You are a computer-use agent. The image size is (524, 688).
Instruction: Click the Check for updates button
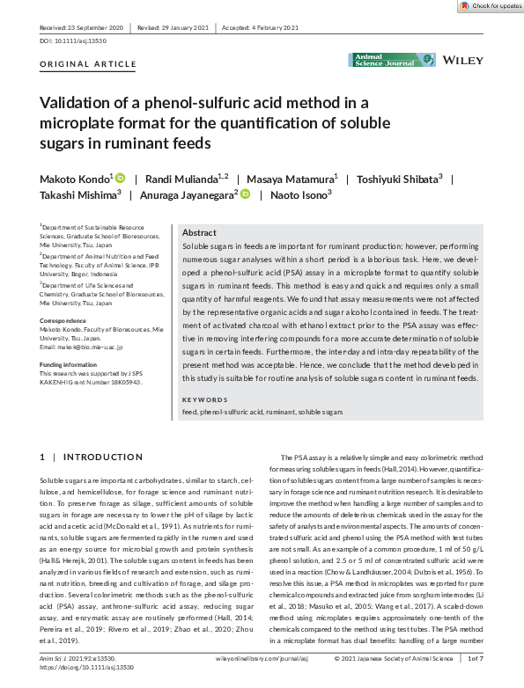(x=489, y=6)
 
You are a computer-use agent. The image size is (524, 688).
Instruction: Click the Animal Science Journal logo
(x=392, y=59)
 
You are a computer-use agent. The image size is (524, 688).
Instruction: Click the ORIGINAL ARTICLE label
(x=88, y=64)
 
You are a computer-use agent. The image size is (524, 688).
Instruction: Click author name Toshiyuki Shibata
(x=396, y=179)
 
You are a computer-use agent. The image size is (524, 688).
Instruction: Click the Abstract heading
(x=199, y=232)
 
